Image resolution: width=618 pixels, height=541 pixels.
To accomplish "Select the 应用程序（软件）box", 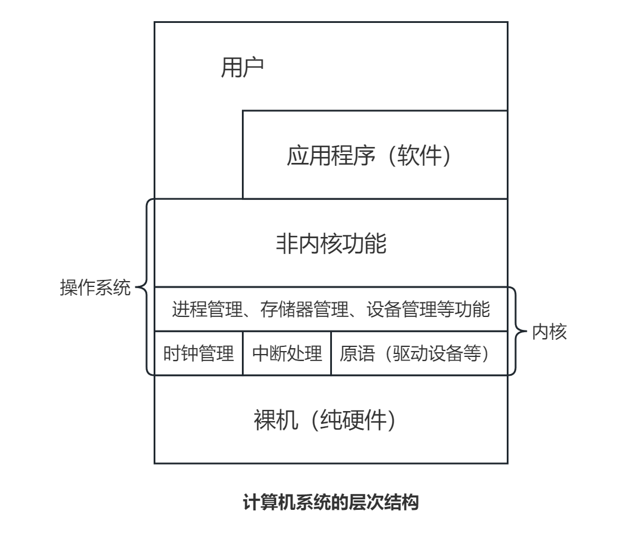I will (x=375, y=155).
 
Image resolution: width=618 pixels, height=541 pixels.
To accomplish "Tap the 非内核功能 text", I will (x=331, y=243).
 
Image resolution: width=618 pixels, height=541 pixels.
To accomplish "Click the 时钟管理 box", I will (x=198, y=353).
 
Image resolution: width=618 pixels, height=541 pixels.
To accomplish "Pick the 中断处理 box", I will (x=287, y=353).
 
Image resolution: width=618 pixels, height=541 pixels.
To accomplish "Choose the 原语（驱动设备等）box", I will (x=419, y=353).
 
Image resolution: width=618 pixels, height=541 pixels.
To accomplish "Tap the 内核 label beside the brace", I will (x=549, y=332).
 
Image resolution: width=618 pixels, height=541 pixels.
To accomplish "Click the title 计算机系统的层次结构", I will (x=330, y=503).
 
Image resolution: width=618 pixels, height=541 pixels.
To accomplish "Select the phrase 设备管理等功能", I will (x=427, y=309).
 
